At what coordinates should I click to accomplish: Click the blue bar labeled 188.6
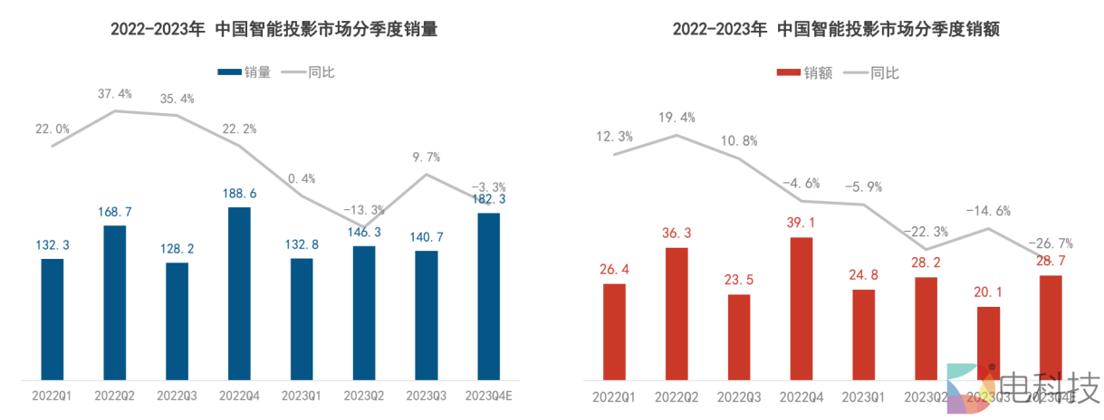pyautogui.click(x=239, y=293)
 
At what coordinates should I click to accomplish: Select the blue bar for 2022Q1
pyautogui.click(x=53, y=319)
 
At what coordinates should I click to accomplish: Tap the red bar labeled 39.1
pyautogui.click(x=802, y=308)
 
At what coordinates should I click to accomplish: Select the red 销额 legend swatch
pyautogui.click(x=788, y=73)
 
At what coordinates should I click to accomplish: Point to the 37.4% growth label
pyautogui.click(x=115, y=93)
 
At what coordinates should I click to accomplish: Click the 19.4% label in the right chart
pyautogui.click(x=677, y=118)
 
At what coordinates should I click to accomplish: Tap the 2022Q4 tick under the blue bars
pyautogui.click(x=239, y=396)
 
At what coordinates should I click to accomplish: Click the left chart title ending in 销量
pyautogui.click(x=274, y=29)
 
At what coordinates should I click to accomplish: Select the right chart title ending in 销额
pyautogui.click(x=835, y=29)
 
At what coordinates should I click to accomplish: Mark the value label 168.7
pyautogui.click(x=115, y=212)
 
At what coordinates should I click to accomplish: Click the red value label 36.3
pyautogui.click(x=677, y=234)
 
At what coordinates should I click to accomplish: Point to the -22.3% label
pyautogui.click(x=926, y=231)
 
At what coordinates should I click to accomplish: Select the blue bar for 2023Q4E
pyautogui.click(x=488, y=296)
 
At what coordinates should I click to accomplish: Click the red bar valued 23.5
pyautogui.click(x=739, y=337)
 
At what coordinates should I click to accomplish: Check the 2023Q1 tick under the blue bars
pyautogui.click(x=302, y=396)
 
